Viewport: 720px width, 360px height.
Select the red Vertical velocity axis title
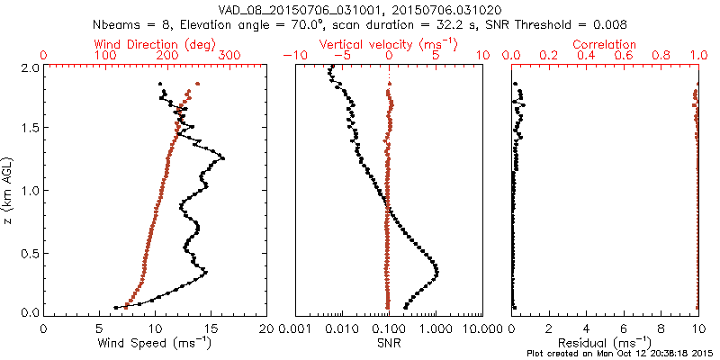coord(388,44)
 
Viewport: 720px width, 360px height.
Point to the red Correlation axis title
coord(605,44)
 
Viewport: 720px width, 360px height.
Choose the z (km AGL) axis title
coord(8,190)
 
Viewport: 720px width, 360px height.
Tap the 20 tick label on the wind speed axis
coord(267,328)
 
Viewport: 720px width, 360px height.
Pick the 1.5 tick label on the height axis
coord(30,129)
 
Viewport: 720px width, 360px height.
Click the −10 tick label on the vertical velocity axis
coord(293,56)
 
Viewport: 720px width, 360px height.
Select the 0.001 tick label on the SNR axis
coord(294,328)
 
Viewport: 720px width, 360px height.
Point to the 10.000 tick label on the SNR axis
coord(482,328)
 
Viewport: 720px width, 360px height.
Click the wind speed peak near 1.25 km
coord(222,158)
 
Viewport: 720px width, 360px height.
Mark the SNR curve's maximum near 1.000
coord(436,269)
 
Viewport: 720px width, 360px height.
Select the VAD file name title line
coord(359,10)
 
